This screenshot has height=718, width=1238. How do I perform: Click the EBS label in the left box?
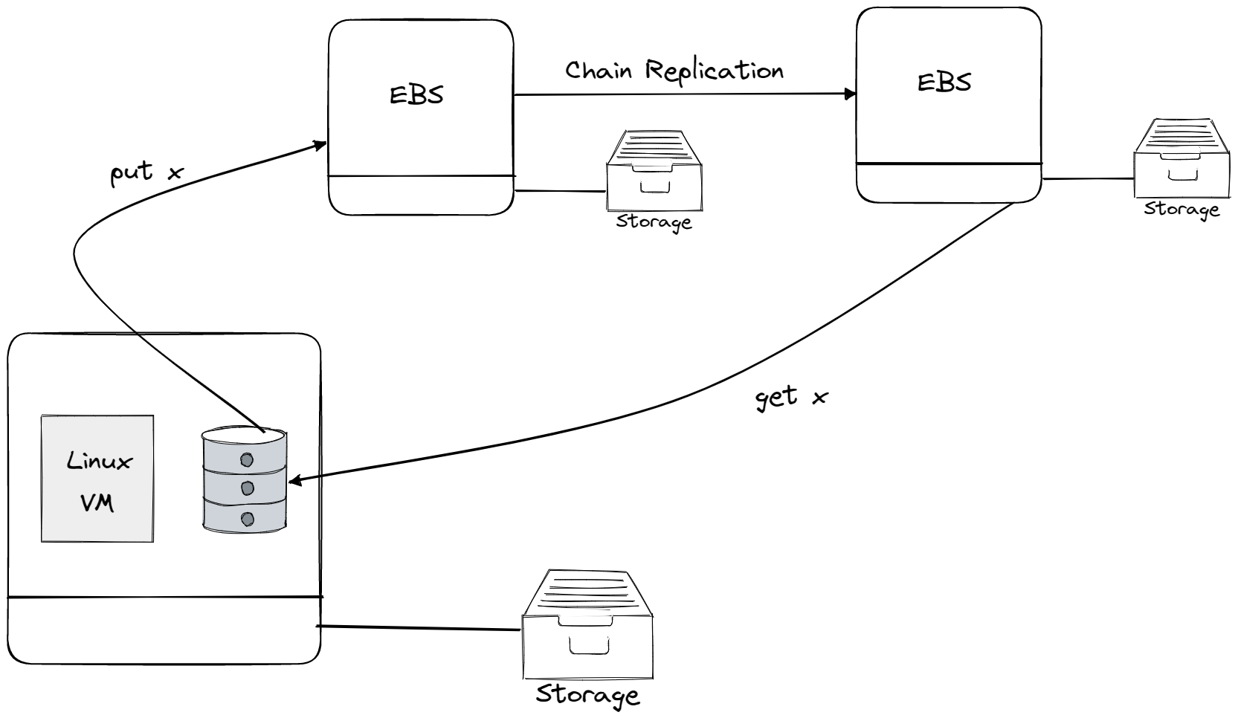[x=416, y=94]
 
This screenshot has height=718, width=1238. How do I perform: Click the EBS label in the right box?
[x=944, y=82]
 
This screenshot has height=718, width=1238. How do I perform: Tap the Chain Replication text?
[x=674, y=71]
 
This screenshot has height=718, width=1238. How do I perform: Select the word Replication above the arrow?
[x=714, y=71]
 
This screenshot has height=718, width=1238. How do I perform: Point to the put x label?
[x=146, y=172]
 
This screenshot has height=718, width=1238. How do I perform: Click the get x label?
[x=790, y=397]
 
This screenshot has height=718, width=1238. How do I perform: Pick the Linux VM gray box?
[x=97, y=478]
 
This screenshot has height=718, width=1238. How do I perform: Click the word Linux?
[x=99, y=461]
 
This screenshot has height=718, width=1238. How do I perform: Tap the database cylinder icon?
[x=245, y=480]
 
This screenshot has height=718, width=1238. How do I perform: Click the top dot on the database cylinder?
[x=247, y=460]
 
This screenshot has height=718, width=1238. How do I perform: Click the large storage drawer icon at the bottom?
[x=587, y=624]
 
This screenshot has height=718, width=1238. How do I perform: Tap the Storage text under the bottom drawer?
[x=587, y=694]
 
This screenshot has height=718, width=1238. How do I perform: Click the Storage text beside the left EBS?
[x=654, y=221]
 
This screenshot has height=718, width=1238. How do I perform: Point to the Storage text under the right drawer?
[x=1181, y=209]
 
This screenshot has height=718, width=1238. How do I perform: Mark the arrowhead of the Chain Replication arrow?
[x=850, y=94]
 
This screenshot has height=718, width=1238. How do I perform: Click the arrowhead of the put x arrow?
[x=320, y=144]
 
